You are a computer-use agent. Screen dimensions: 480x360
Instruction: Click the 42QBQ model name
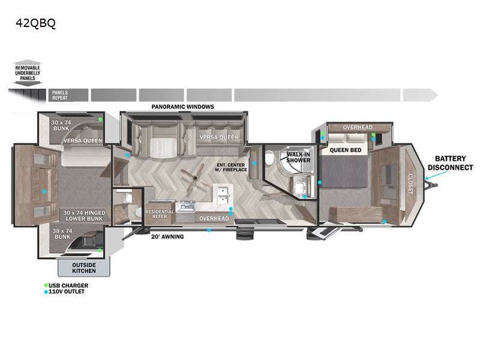pyautogui.click(x=35, y=23)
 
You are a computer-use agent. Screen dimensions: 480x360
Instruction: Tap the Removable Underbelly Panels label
pyautogui.click(x=28, y=73)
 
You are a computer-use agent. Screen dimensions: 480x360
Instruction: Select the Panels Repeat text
pyautogui.click(x=59, y=95)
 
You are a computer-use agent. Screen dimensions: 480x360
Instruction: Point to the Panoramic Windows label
pyautogui.click(x=183, y=107)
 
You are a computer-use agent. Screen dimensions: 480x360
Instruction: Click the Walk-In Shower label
pyautogui.click(x=298, y=157)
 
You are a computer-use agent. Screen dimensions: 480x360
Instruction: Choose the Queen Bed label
pyautogui.click(x=346, y=150)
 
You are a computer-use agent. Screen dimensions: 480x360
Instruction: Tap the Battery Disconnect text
pyautogui.click(x=450, y=163)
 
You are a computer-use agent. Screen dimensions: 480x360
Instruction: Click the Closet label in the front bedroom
pyautogui.click(x=410, y=184)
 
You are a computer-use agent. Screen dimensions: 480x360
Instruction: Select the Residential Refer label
pyautogui.click(x=160, y=214)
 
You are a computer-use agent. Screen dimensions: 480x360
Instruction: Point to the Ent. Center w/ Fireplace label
pyautogui.click(x=230, y=167)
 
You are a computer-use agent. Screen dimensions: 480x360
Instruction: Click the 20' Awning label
pyautogui.click(x=167, y=236)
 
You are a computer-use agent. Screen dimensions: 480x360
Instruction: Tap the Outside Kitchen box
pyautogui.click(x=84, y=268)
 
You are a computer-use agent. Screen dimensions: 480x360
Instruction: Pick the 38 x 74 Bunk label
pyautogui.click(x=62, y=234)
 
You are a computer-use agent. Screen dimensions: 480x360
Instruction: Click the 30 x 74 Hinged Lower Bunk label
pyautogui.click(x=84, y=215)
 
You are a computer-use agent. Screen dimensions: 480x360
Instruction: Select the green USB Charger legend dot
pyautogui.click(x=46, y=286)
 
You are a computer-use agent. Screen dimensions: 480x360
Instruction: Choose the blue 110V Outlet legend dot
pyautogui.click(x=46, y=292)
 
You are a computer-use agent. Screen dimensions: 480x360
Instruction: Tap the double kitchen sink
pyautogui.click(x=223, y=195)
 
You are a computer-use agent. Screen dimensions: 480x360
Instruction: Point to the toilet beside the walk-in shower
pyautogui.click(x=269, y=158)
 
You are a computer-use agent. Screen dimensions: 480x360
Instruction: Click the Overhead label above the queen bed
pyautogui.click(x=358, y=127)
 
